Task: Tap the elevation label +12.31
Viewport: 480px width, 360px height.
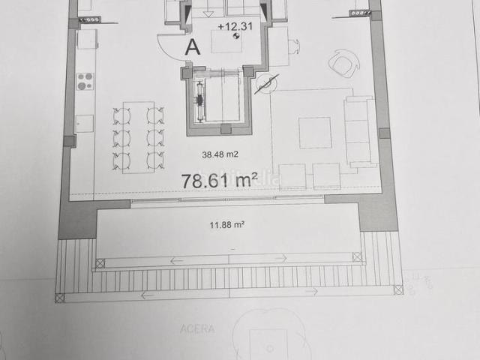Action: pos(232,27)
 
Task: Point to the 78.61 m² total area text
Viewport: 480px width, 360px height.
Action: pos(220,180)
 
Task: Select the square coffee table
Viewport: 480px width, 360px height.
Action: pos(314,132)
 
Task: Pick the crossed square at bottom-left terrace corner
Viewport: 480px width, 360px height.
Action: pos(60,298)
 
